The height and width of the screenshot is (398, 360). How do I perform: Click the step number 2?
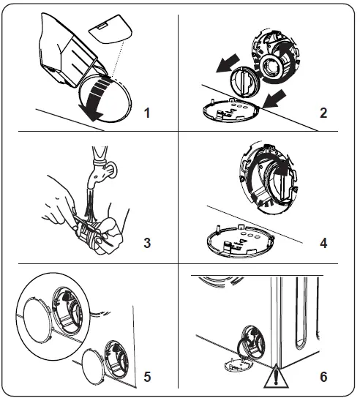pyautogui.click(x=323, y=113)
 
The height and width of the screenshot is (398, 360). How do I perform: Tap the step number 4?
pyautogui.click(x=323, y=242)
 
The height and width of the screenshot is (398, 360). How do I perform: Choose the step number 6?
pyautogui.click(x=323, y=378)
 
